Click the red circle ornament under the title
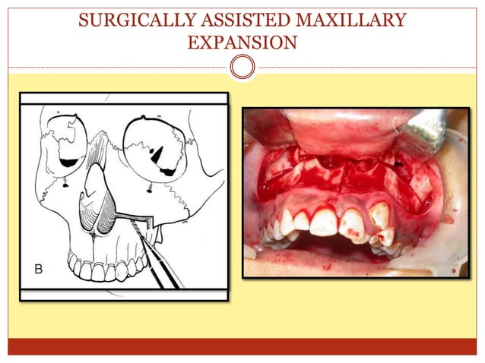coord(242,67)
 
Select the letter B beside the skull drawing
coord(38,269)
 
